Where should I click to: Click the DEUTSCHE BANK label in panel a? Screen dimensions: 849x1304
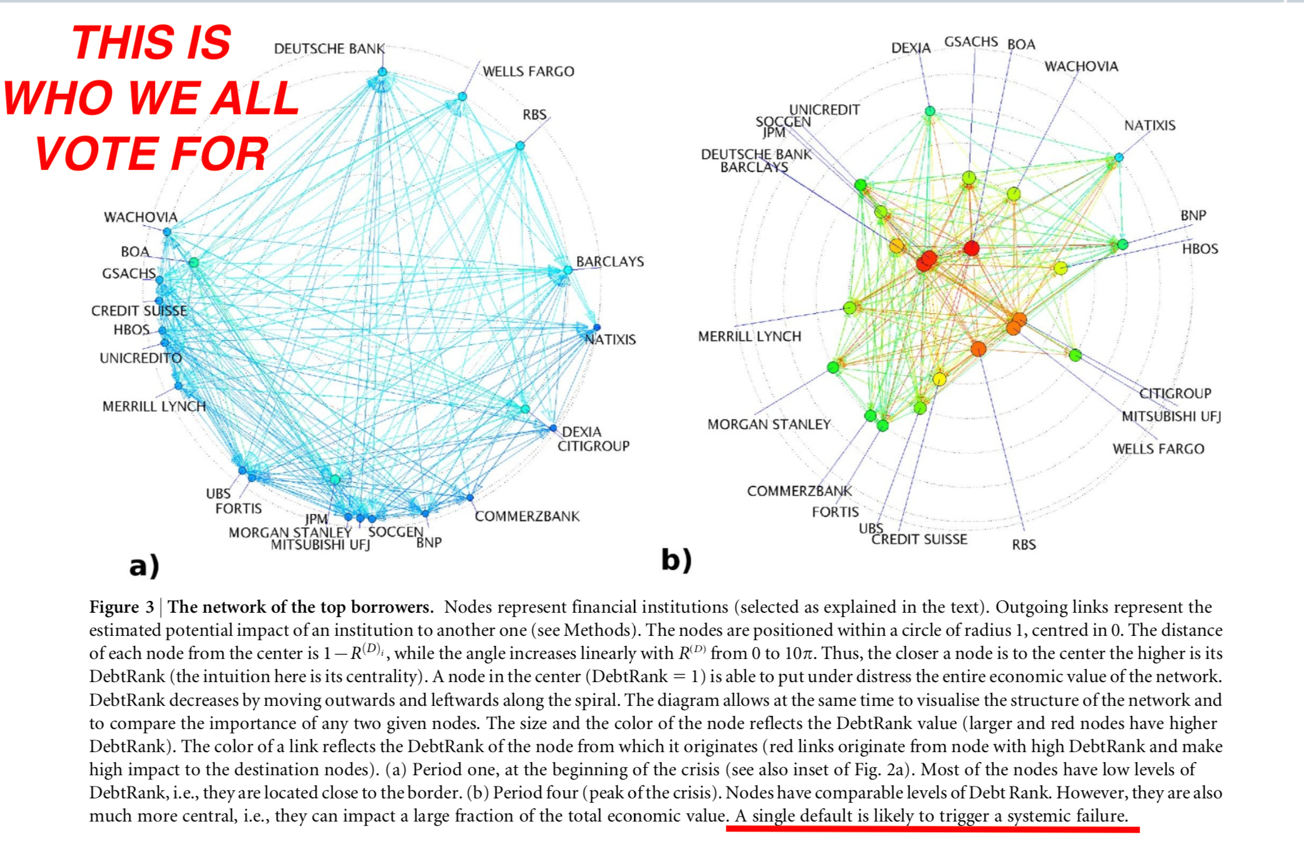329,49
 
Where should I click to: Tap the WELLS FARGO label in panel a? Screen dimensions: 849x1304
528,71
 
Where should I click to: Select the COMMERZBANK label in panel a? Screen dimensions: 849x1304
527,516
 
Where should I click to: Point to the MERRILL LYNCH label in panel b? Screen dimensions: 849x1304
750,336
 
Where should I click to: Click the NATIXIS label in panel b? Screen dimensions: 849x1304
1150,126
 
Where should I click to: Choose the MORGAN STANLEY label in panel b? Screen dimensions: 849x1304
769,424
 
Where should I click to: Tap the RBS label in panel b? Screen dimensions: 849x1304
1024,545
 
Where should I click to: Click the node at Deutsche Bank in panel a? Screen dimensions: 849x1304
383,73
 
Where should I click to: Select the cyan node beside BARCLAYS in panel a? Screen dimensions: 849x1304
568,270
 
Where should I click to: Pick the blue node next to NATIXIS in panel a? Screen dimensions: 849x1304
597,328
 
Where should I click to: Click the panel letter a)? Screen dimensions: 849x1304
144,566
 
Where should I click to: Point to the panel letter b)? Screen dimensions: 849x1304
677,560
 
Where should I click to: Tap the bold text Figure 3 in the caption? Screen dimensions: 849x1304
122,607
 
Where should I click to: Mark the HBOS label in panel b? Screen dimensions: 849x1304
1200,249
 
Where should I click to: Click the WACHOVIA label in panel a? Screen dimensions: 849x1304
141,217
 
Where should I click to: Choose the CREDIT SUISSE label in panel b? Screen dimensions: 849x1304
920,540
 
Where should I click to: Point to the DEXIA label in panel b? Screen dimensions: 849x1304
911,48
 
